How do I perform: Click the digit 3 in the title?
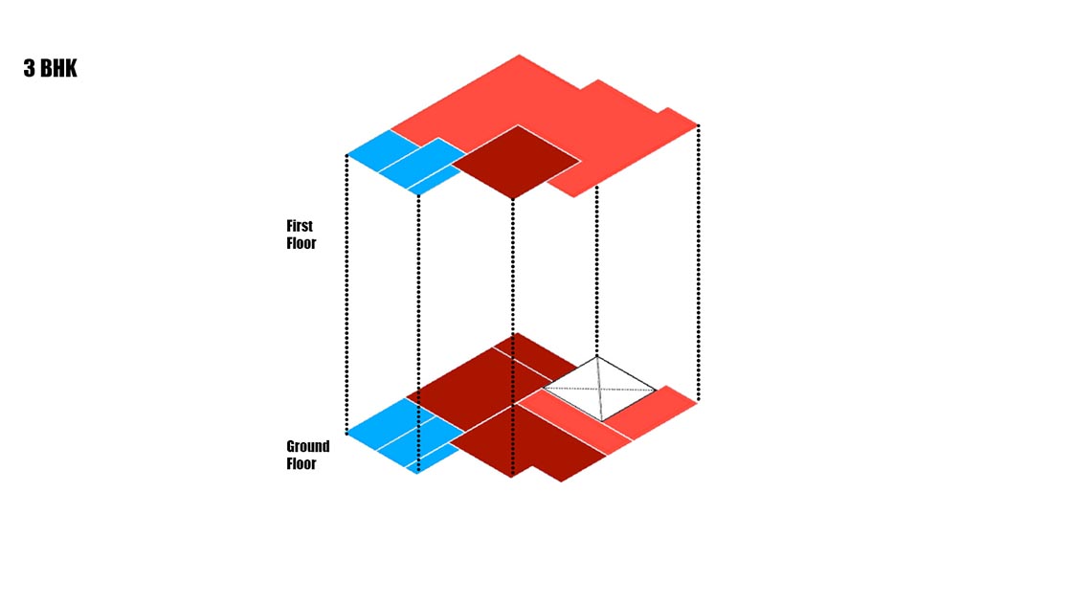pyautogui.click(x=30, y=68)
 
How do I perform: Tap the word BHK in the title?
pyautogui.click(x=58, y=68)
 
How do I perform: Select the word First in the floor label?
pyautogui.click(x=300, y=226)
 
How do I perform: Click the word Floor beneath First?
pyautogui.click(x=301, y=243)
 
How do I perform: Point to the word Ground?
pyautogui.click(x=307, y=447)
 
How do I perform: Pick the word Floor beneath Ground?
pyautogui.click(x=301, y=464)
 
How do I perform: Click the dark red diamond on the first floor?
pyautogui.click(x=516, y=162)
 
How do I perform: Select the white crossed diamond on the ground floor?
pyautogui.click(x=599, y=389)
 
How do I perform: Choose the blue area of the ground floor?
pyautogui.click(x=406, y=436)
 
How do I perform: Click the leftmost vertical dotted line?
pyautogui.click(x=346, y=295)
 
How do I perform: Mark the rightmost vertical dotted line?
pyautogui.click(x=698, y=262)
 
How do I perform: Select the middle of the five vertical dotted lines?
pyautogui.click(x=513, y=335)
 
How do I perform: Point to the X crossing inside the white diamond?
pyautogui.click(x=599, y=390)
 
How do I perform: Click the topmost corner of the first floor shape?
pyautogui.click(x=520, y=55)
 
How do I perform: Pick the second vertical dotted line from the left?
pyautogui.click(x=418, y=333)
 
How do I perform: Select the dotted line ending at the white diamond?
pyautogui.click(x=597, y=271)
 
